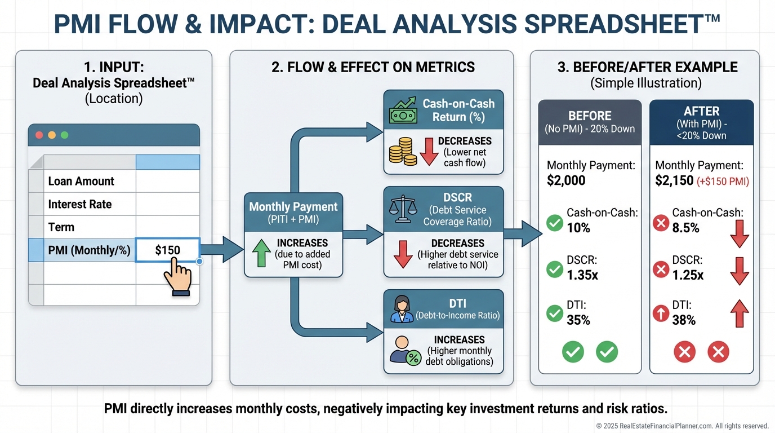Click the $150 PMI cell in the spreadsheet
[x=167, y=250]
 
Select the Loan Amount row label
[x=81, y=181]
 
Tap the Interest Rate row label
[x=80, y=204]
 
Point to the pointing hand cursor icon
[x=177, y=274]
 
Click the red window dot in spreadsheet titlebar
[x=39, y=135]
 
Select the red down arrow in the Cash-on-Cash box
[x=429, y=152]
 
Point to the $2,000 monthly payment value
[x=566, y=180]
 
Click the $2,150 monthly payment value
[x=674, y=180]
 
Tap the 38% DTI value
[x=684, y=320]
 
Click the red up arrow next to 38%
[x=739, y=313]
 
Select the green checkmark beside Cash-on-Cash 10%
[x=555, y=224]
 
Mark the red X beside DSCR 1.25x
[x=660, y=270]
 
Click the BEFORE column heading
[x=590, y=116]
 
